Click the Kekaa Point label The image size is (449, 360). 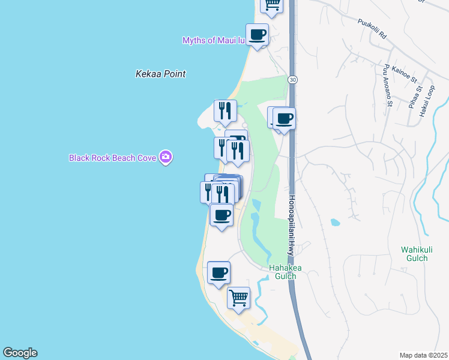point(160,74)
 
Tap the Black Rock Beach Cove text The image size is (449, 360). point(113,158)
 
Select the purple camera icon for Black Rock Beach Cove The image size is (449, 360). point(166,158)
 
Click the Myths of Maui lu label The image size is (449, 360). point(214,40)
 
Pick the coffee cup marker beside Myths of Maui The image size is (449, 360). point(258,35)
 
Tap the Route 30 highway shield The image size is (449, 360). point(292,79)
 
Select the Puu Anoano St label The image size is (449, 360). point(389,86)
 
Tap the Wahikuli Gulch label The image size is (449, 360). point(415,254)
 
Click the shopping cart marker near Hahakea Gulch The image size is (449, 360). point(239,297)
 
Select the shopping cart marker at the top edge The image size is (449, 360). point(272,5)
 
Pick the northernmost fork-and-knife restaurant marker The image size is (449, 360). point(226,110)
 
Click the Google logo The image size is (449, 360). point(20,353)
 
